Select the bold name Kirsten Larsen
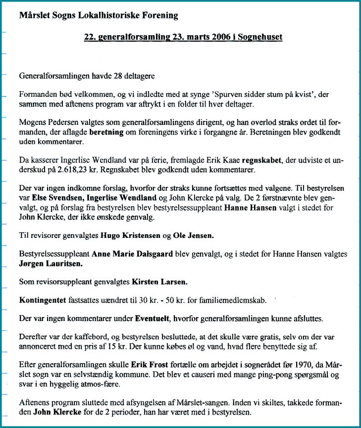(159, 282)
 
